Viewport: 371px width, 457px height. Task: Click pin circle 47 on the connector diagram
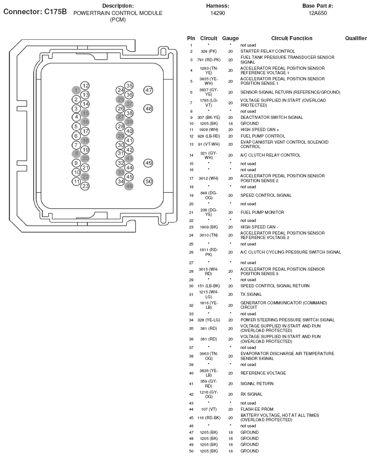click(149, 90)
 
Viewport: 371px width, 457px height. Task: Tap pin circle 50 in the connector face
click(149, 181)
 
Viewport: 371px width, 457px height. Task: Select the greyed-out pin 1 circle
click(76, 90)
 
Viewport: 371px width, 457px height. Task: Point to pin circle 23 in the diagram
click(85, 186)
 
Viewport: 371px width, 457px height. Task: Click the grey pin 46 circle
click(129, 186)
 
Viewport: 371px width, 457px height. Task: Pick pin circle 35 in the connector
click(129, 86)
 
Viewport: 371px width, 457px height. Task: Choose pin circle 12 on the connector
click(85, 86)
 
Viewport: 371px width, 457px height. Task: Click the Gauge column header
click(230, 38)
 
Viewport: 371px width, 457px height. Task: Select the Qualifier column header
click(356, 38)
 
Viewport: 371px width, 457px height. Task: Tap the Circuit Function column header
click(291, 38)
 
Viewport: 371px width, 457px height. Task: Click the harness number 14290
click(218, 13)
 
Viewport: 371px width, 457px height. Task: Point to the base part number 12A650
click(317, 13)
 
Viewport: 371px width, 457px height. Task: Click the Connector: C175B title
click(35, 11)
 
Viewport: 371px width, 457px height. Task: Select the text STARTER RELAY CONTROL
click(267, 52)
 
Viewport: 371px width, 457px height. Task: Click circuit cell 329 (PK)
click(209, 52)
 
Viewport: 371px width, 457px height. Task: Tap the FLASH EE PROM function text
click(257, 409)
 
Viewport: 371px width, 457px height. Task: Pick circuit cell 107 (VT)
click(209, 409)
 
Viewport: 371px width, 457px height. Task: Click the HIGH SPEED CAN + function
click(260, 129)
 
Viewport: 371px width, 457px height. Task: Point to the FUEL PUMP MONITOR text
click(262, 212)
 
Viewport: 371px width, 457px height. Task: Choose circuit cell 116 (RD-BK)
click(209, 418)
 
